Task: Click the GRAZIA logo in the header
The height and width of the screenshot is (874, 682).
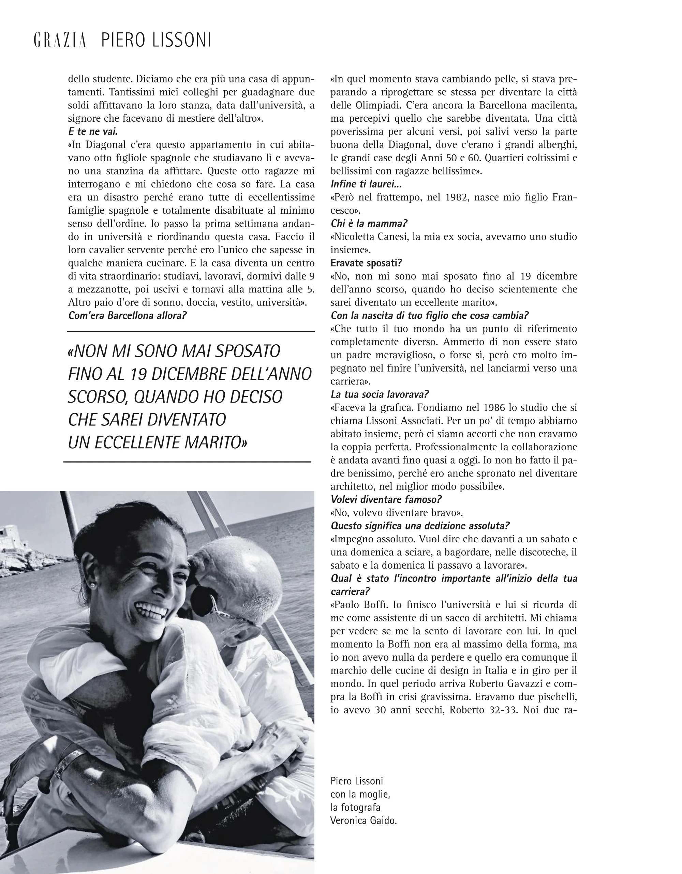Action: [60, 41]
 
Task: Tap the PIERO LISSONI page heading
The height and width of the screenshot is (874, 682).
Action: [156, 41]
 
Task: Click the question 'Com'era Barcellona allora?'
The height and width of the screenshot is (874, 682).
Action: [127, 315]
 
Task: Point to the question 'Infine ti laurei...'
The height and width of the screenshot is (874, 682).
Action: [366, 184]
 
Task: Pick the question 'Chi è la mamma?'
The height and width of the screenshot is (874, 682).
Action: [369, 223]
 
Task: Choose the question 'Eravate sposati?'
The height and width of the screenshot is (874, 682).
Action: [366, 263]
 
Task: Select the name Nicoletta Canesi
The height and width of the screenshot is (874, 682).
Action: [370, 237]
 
